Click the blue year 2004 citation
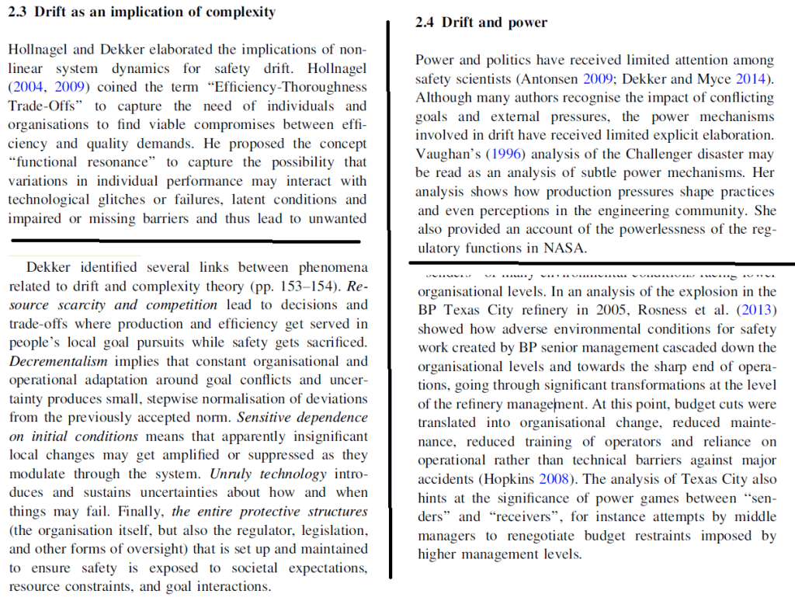(x=28, y=87)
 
